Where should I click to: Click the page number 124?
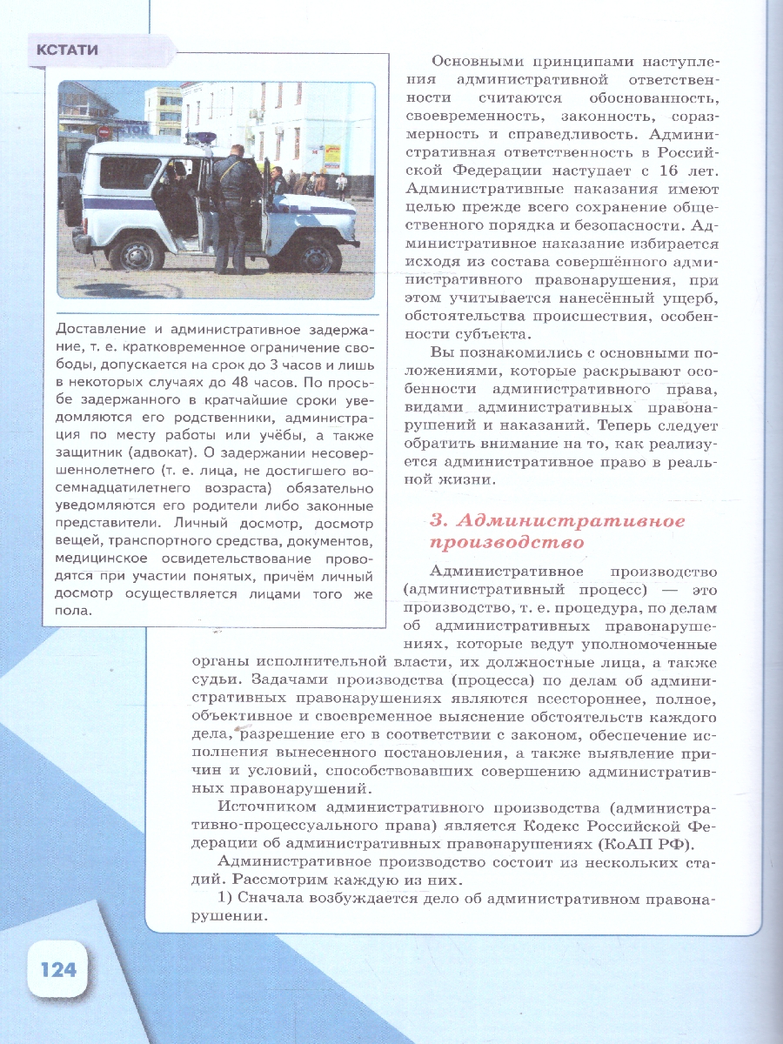point(57,968)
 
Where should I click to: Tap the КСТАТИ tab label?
point(67,50)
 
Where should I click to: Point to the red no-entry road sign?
point(104,132)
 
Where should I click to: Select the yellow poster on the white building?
point(331,157)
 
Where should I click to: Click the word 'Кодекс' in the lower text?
point(561,826)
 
